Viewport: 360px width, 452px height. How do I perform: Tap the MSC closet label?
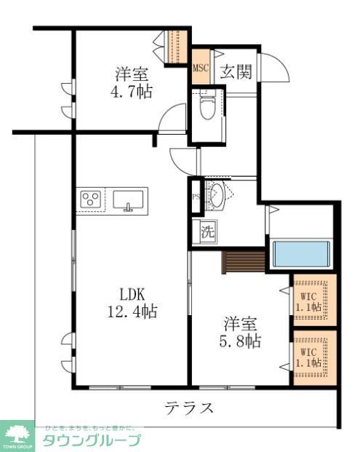(201, 69)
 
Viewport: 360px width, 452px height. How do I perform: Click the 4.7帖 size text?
(132, 92)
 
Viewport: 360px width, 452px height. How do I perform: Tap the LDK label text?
(133, 295)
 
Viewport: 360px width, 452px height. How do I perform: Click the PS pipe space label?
(196, 197)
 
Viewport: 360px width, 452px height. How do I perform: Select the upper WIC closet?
(315, 300)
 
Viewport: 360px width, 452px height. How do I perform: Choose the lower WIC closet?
(315, 357)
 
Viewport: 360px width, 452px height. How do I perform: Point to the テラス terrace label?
(188, 407)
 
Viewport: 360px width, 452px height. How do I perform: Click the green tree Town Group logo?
(17, 434)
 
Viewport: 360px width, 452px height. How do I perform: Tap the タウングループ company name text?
(91, 440)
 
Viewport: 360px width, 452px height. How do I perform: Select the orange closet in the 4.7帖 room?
(178, 47)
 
